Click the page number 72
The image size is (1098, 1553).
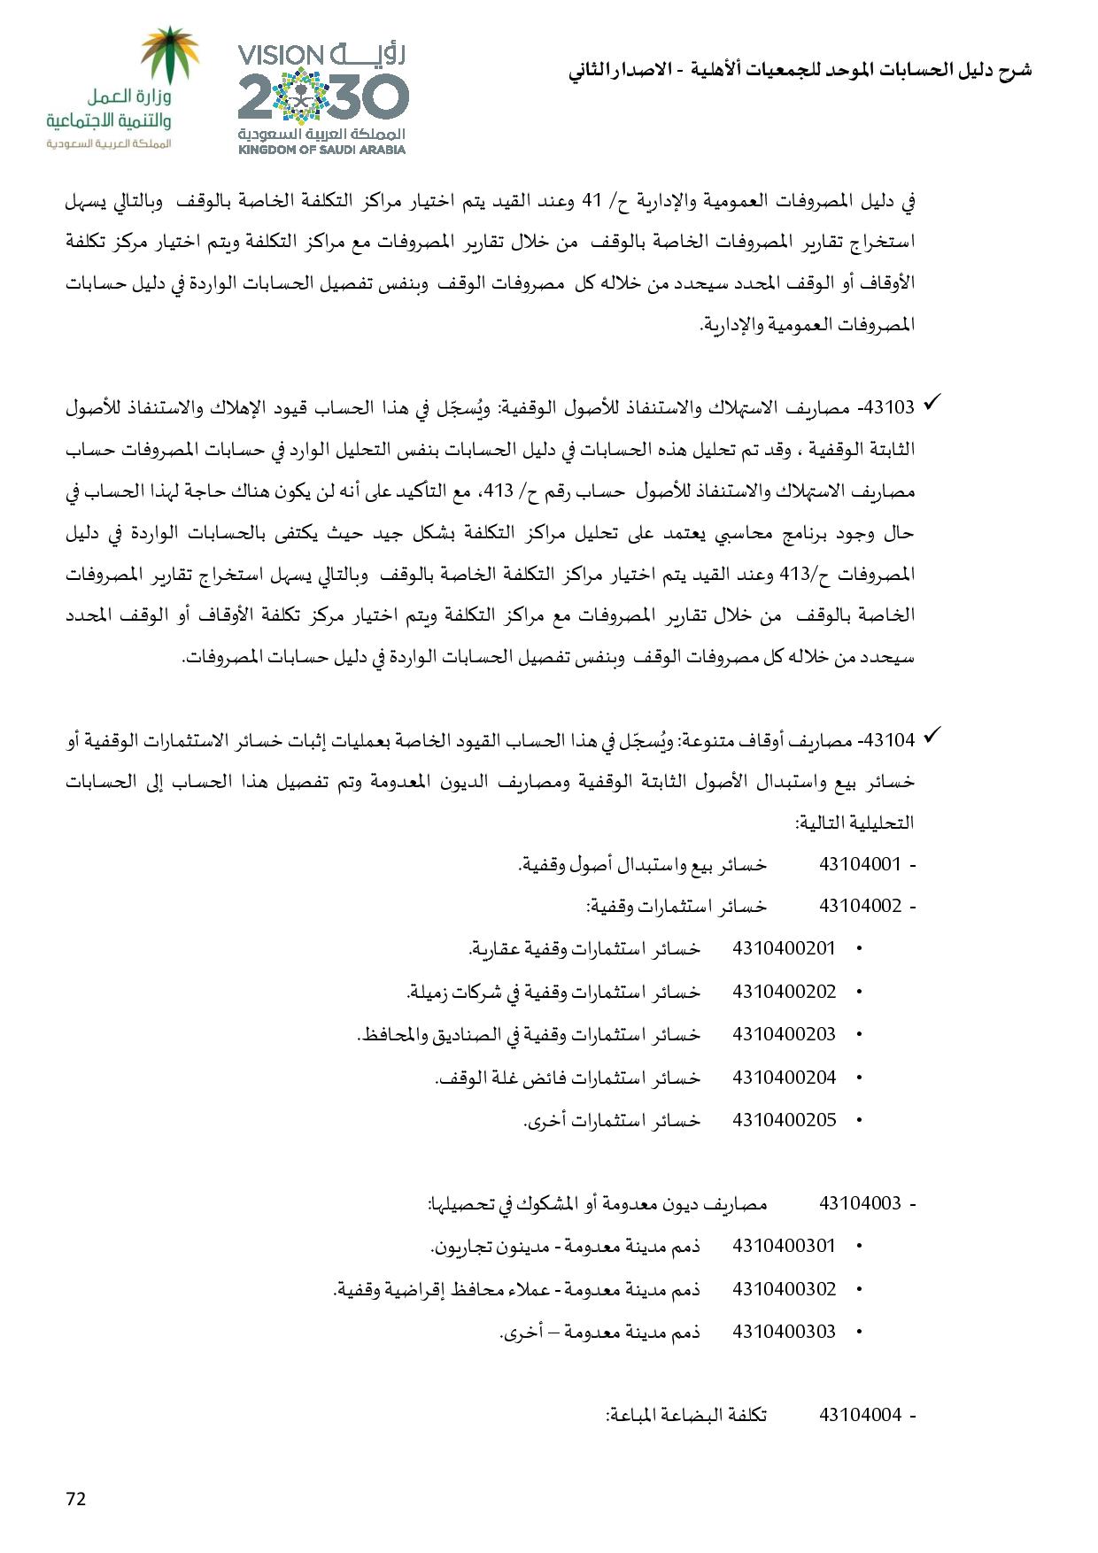pyautogui.click(x=75, y=1498)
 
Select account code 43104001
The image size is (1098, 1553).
pyautogui.click(x=860, y=864)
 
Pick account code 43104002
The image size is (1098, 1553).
pyautogui.click(x=860, y=906)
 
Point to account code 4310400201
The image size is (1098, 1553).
pyautogui.click(x=785, y=948)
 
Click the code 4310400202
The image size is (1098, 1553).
pyautogui.click(x=785, y=991)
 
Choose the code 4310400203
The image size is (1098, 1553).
pyautogui.click(x=785, y=1033)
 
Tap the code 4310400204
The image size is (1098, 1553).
pyautogui.click(x=785, y=1077)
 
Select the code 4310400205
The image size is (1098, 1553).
pyautogui.click(x=785, y=1119)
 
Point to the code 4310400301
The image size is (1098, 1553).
pyautogui.click(x=785, y=1246)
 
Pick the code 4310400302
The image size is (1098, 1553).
pyautogui.click(x=785, y=1288)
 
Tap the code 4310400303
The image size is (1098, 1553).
pyautogui.click(x=785, y=1331)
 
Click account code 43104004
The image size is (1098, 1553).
pyautogui.click(x=860, y=1415)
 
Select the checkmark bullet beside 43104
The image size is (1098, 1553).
pyautogui.click(x=932, y=736)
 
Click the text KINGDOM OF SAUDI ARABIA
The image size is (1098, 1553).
pyautogui.click(x=321, y=150)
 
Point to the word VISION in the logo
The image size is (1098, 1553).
pyautogui.click(x=282, y=56)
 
